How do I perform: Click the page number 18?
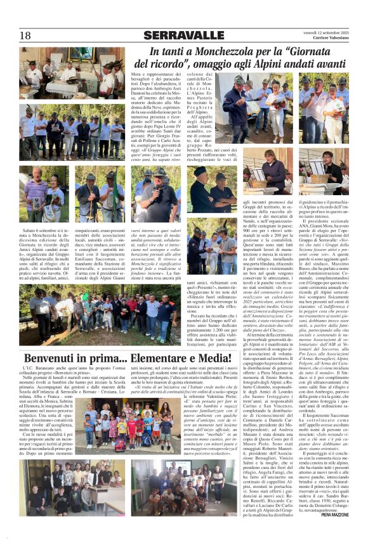point(25,35)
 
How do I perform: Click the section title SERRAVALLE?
point(183,35)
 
